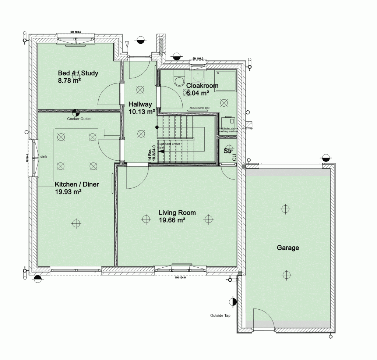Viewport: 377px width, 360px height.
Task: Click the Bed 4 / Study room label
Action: point(77,73)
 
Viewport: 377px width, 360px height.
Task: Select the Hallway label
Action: point(140,104)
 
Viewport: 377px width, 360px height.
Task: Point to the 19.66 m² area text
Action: point(172,220)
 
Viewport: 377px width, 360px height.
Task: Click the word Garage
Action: point(288,248)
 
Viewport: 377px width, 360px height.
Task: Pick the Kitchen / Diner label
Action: point(77,184)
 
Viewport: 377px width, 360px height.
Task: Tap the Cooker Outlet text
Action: point(79,119)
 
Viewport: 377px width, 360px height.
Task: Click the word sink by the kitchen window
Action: point(44,157)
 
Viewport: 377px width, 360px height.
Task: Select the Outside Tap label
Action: point(220,316)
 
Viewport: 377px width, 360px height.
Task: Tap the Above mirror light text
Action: point(199,108)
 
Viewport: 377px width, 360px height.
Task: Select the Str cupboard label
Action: point(228,151)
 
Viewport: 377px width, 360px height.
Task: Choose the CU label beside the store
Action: point(234,157)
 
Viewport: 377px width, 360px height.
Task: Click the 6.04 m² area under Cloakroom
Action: point(198,93)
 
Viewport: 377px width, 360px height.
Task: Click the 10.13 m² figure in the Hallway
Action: point(141,112)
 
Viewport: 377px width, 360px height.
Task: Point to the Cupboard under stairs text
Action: point(169,145)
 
